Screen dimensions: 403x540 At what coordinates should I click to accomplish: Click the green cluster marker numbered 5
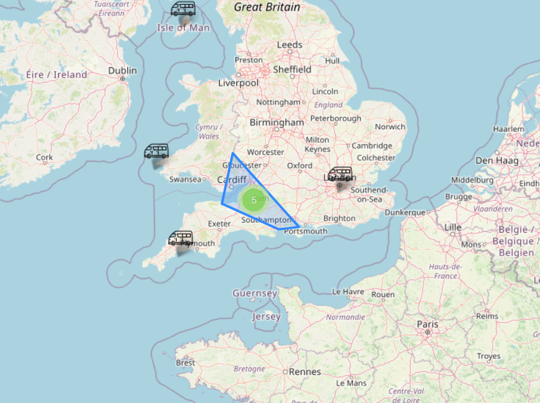[254, 200]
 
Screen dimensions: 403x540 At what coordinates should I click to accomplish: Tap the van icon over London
[340, 175]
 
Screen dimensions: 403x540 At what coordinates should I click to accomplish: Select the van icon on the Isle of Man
[183, 9]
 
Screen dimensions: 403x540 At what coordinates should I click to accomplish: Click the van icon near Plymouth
[181, 238]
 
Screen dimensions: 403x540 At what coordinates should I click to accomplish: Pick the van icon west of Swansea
[156, 151]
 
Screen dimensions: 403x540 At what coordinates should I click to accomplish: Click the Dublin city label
[122, 71]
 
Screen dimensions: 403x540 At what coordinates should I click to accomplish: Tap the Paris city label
[427, 324]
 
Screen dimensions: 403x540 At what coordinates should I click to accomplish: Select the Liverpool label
[238, 83]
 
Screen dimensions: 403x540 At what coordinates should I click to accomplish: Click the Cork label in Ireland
[44, 157]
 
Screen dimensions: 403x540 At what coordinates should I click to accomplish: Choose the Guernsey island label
[255, 293]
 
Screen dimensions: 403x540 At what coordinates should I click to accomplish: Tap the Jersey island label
[266, 317]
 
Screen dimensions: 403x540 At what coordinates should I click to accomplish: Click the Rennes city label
[305, 372]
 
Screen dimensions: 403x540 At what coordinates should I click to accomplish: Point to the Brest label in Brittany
[185, 363]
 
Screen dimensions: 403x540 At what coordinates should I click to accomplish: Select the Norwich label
[390, 127]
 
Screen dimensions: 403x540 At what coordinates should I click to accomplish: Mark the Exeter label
[219, 223]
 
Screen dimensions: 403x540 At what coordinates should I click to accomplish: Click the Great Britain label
[267, 7]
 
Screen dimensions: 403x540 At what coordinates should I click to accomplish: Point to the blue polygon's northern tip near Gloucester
[232, 153]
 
